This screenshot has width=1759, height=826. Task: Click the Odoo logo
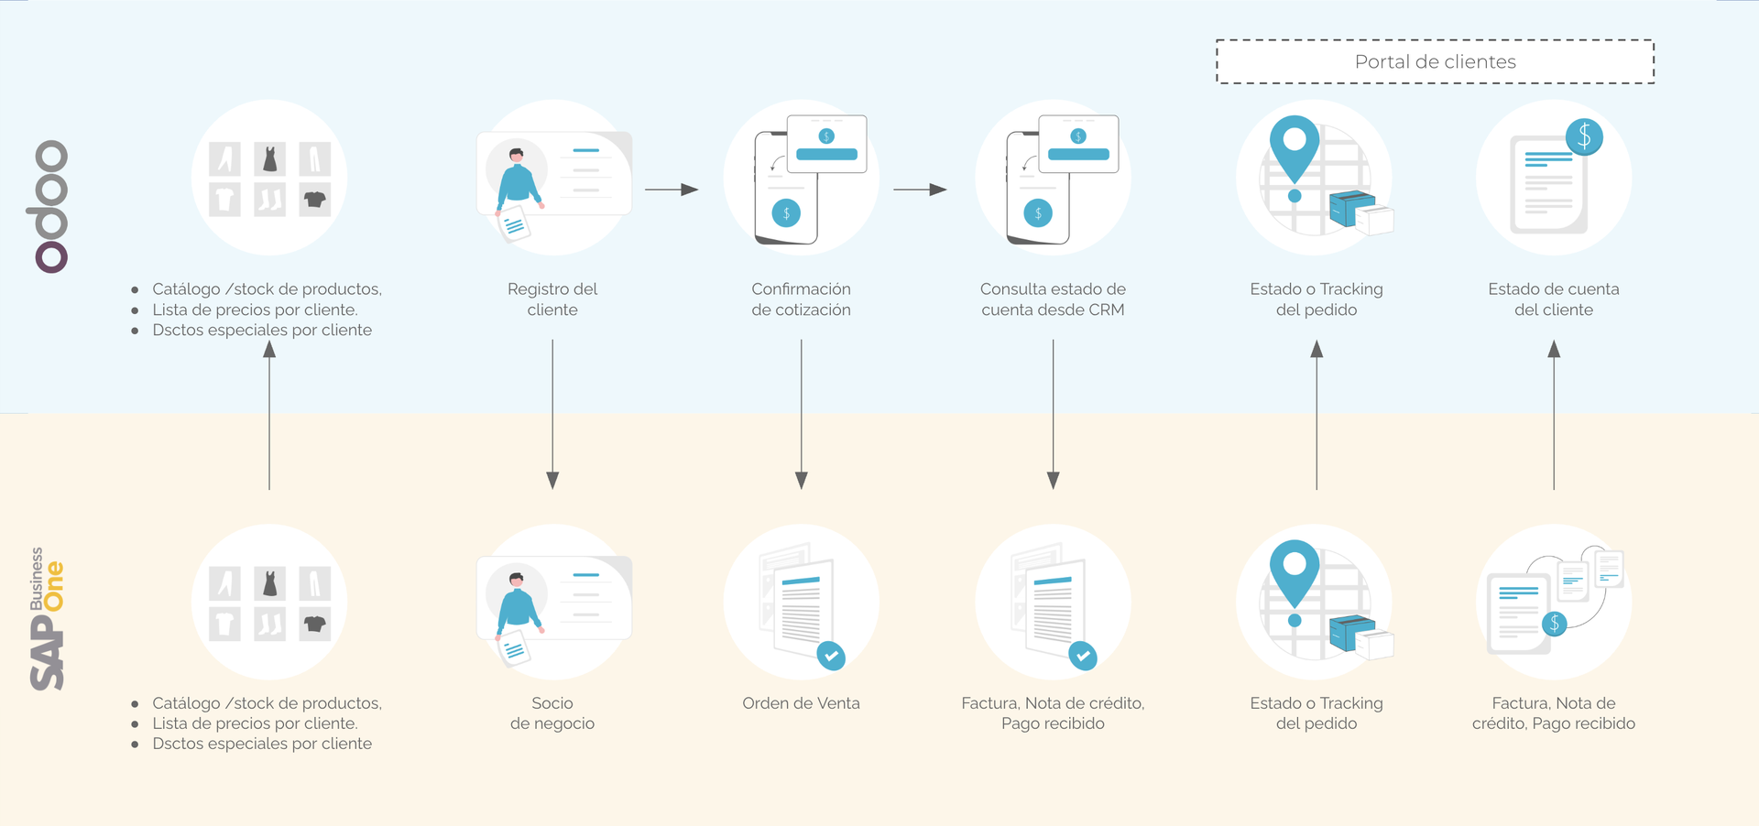[51, 207]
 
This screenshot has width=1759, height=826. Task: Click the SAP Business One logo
[47, 619]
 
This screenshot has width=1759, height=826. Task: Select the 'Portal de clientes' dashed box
[1435, 61]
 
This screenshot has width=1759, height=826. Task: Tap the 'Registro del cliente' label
[552, 299]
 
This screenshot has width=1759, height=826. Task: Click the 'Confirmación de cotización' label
[801, 299]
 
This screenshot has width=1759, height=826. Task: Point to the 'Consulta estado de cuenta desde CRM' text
[1053, 299]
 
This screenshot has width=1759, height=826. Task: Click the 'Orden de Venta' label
[801, 703]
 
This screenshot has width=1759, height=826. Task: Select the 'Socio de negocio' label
[552, 713]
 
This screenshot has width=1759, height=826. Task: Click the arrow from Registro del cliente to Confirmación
[672, 190]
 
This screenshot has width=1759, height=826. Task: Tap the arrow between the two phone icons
[920, 190]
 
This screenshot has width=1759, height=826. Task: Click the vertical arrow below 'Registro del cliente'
[552, 414]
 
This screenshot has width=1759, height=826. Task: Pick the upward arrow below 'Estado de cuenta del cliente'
[1554, 415]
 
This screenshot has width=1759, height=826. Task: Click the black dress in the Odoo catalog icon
[269, 159]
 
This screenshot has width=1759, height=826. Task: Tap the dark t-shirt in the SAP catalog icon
[314, 625]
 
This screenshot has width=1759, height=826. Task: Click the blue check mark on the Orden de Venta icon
[831, 655]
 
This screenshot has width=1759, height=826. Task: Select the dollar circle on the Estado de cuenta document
[1584, 137]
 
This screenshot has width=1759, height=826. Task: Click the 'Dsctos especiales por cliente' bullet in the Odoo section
[262, 330]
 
